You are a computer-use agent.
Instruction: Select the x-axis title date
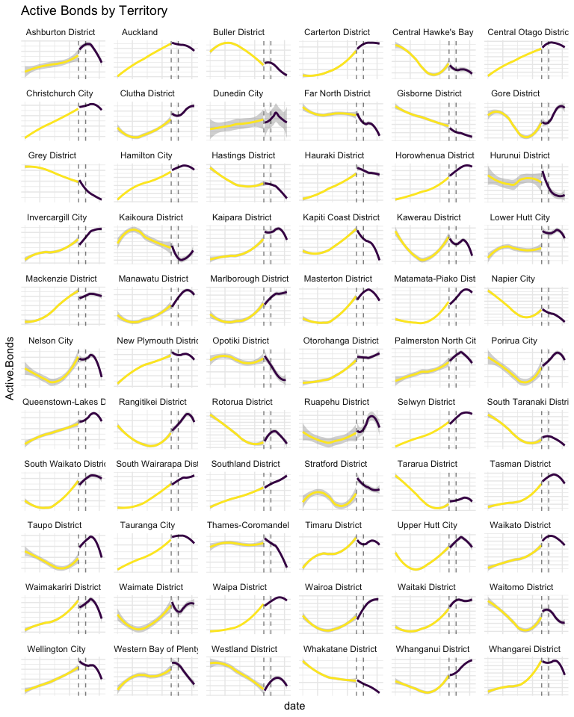coord(295,705)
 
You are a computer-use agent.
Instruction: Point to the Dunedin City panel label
coord(238,94)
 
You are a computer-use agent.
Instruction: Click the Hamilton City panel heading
coord(146,155)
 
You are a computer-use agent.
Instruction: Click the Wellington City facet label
coord(56,649)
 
